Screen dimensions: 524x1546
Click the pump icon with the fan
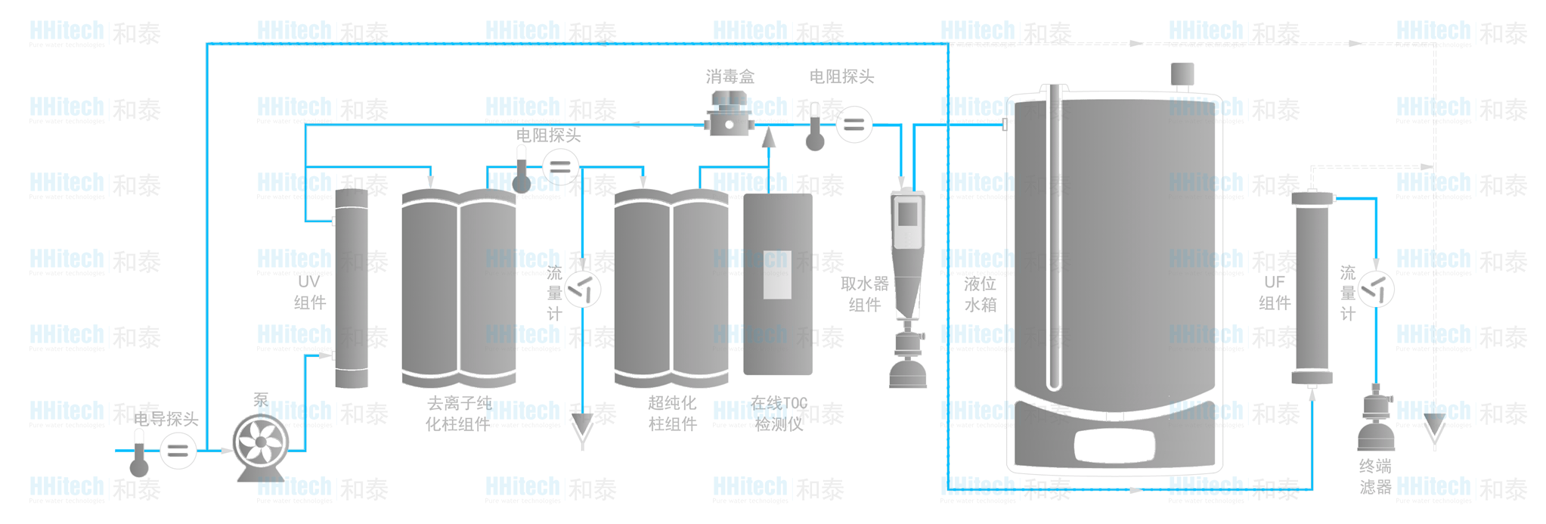(260, 444)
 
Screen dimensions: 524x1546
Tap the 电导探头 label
(166, 419)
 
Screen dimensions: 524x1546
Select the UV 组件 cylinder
(351, 289)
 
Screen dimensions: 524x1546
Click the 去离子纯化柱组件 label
(458, 414)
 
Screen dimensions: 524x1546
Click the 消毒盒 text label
(730, 76)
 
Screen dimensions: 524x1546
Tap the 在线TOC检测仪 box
(777, 284)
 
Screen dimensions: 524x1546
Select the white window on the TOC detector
(777, 274)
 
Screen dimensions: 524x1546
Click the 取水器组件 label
(864, 294)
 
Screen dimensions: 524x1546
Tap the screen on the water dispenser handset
(907, 215)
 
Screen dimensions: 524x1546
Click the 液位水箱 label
(980, 294)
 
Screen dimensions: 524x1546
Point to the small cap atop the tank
(1182, 74)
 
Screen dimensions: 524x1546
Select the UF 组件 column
(1312, 289)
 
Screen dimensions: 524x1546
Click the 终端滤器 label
(1375, 476)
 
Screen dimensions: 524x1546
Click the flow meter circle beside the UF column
(1376, 289)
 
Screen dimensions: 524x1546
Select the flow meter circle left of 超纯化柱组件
(583, 289)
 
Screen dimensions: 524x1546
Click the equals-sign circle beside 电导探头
(178, 451)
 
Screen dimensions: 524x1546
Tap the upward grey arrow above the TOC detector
(768, 138)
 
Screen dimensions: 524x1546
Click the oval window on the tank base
(1114, 445)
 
